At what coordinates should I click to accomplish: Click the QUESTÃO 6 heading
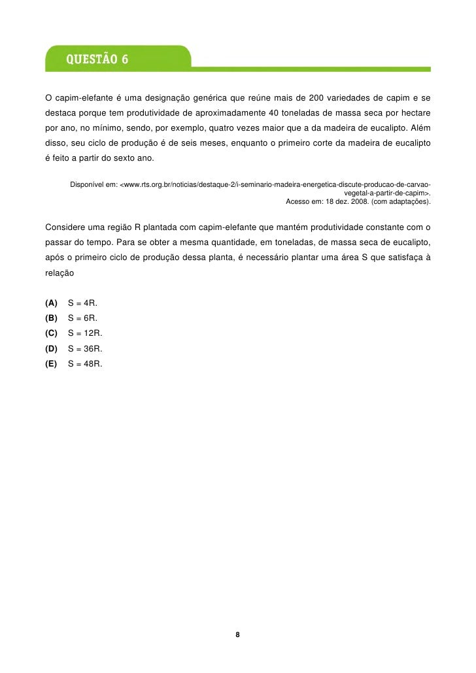96,60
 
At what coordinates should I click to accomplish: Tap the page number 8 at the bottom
237,635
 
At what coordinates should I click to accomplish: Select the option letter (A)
51,303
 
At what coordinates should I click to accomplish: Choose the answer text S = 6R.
82,318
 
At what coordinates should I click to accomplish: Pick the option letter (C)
51,333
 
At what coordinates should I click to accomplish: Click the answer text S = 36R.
85,349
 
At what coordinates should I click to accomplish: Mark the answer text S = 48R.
85,364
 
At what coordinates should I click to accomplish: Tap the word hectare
415,112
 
